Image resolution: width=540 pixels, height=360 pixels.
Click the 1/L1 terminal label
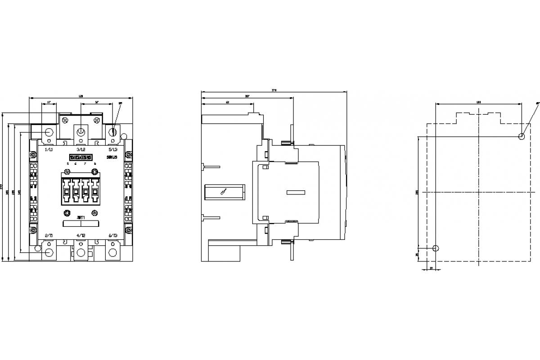pos(49,149)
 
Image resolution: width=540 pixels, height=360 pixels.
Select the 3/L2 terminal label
pos(81,149)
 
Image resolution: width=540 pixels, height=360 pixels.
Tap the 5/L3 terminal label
pos(113,149)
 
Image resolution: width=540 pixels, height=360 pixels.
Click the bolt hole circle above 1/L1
pos(49,132)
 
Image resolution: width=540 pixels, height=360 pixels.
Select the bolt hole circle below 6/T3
pos(113,253)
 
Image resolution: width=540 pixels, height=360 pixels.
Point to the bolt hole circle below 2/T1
pos(49,253)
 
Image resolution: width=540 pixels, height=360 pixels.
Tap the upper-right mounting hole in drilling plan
pos(522,136)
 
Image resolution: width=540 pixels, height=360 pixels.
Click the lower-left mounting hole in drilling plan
pos(435,248)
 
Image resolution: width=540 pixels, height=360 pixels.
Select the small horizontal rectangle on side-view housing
pos(296,192)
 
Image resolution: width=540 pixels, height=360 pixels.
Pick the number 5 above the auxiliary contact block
pos(68,164)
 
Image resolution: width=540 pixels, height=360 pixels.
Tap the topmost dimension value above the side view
pos(274,90)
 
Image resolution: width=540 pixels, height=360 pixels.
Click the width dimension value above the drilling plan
pos(478,103)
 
